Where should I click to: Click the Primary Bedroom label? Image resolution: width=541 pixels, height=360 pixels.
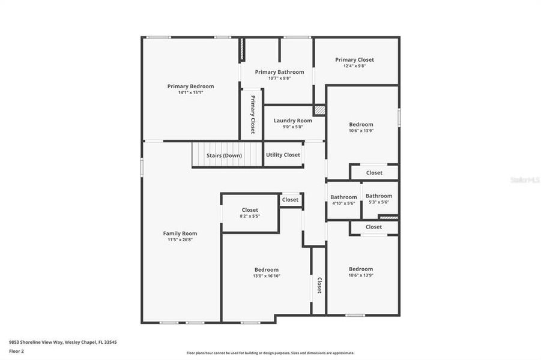point(190,86)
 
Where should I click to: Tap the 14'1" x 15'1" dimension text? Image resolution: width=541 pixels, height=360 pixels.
point(190,93)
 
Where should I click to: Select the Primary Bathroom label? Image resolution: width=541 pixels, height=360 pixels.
point(279,72)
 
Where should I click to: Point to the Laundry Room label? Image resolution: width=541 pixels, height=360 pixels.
point(292,121)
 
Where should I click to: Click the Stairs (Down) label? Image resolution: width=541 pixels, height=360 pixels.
point(224,155)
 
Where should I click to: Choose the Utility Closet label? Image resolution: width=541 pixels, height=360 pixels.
point(283,155)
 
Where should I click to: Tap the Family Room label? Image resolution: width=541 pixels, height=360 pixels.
point(180,233)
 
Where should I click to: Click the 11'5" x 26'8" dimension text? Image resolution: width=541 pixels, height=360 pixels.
point(180,240)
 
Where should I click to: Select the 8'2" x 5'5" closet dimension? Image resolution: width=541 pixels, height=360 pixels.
point(250,216)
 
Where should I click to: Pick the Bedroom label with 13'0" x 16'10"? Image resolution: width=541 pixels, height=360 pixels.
point(266,270)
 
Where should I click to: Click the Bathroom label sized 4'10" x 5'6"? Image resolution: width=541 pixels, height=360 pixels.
point(343,197)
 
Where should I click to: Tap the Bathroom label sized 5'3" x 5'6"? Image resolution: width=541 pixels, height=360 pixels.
point(379,196)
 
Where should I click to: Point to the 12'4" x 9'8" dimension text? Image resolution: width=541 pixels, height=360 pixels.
point(354,66)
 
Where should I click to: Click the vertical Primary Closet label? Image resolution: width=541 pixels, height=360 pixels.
point(253,114)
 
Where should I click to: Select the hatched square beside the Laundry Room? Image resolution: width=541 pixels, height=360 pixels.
point(319,110)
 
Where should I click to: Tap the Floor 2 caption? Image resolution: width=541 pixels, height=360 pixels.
point(16,351)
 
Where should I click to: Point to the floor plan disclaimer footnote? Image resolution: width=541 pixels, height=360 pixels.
point(270,353)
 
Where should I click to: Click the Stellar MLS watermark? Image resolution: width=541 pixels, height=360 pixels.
point(524,179)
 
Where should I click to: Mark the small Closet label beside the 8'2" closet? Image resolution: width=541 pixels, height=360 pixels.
point(290,200)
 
